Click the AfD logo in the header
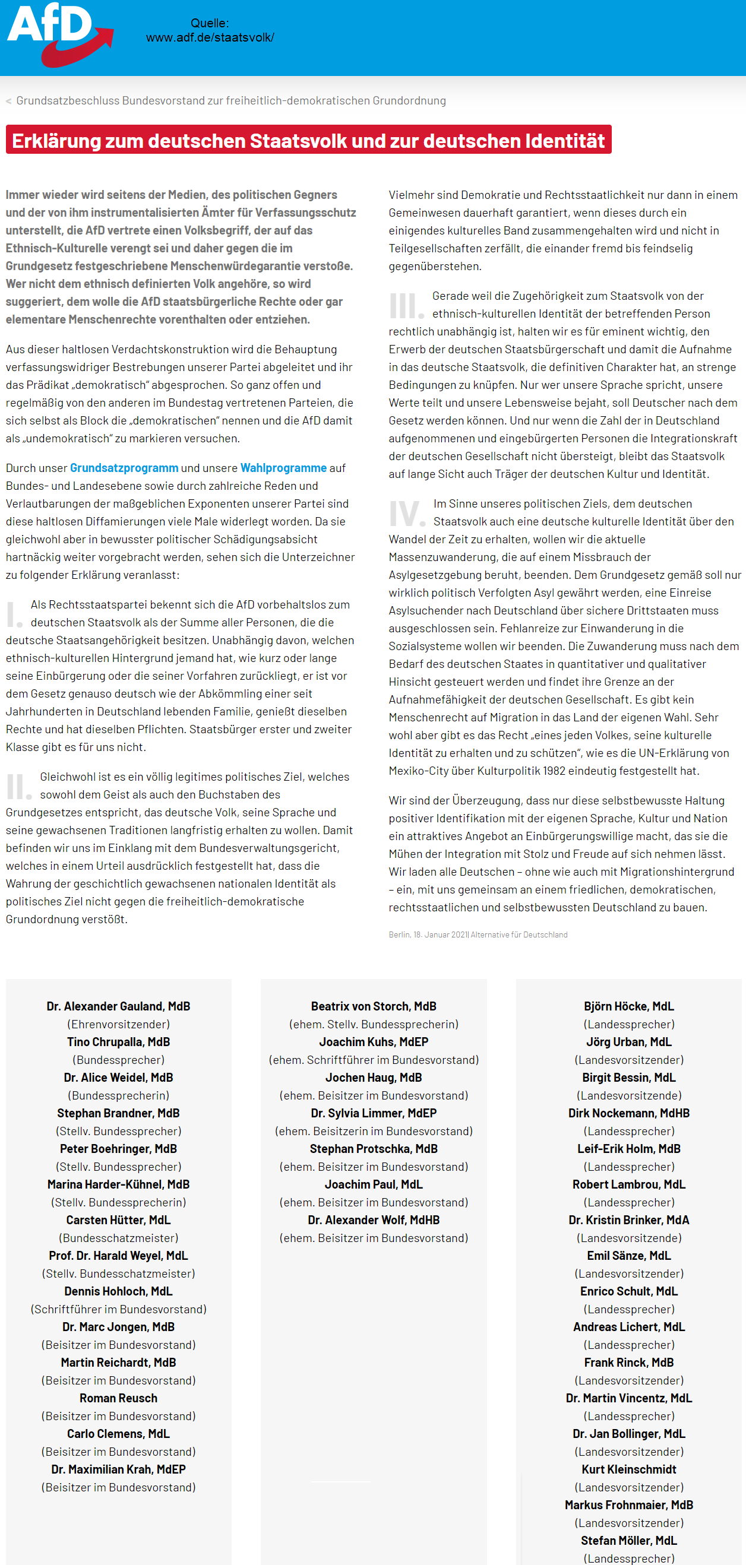coord(59,33)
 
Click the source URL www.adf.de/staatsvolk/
coord(210,37)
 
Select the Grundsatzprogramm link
coord(124,468)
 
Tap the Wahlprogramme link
coord(283,468)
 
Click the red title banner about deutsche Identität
coord(308,140)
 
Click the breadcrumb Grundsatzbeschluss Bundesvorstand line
coord(230,101)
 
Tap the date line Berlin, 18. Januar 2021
coord(478,934)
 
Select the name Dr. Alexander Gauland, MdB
coord(119,1006)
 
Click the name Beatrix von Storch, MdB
coord(374,1006)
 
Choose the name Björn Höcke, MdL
coord(628,1006)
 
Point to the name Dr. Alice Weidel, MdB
coord(119,1077)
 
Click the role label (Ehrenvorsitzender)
coord(119,1024)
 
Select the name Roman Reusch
coord(119,1398)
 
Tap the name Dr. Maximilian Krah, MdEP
coord(119,1469)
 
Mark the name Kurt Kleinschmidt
coord(628,1469)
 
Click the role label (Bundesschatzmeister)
coord(119,1237)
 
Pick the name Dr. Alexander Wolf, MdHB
coord(374,1220)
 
